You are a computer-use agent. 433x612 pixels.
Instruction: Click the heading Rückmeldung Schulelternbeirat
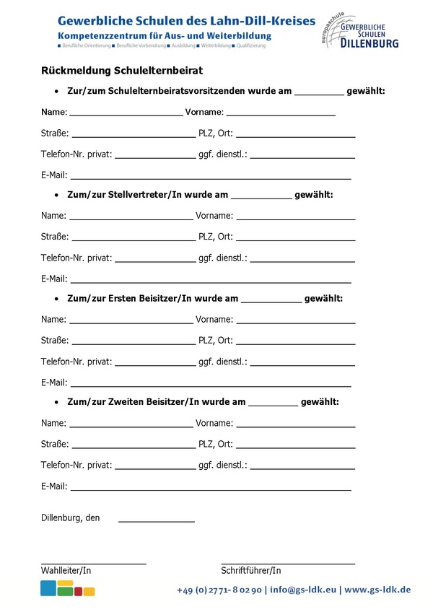[122, 70]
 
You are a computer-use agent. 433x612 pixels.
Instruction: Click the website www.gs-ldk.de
[377, 590]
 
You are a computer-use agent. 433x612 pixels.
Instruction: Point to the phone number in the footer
[219, 590]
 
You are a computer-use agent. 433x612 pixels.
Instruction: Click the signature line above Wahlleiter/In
[93, 563]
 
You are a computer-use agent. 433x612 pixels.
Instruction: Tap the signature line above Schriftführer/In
[287, 563]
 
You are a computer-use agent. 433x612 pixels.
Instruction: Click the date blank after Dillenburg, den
[156, 520]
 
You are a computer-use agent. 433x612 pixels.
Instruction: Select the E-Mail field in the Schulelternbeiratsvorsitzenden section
[210, 176]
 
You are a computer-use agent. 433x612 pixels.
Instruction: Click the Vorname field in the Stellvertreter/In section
[296, 217]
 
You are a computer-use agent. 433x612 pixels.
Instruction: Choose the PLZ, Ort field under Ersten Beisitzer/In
[296, 342]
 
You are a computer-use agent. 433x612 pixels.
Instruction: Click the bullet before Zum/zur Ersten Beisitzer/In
[56, 299]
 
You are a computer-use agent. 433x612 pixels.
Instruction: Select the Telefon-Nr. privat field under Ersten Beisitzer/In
[155, 363]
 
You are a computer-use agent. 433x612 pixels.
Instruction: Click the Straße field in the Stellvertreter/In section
[134, 238]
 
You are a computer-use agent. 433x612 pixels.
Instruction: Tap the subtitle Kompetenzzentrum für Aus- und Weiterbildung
[165, 35]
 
